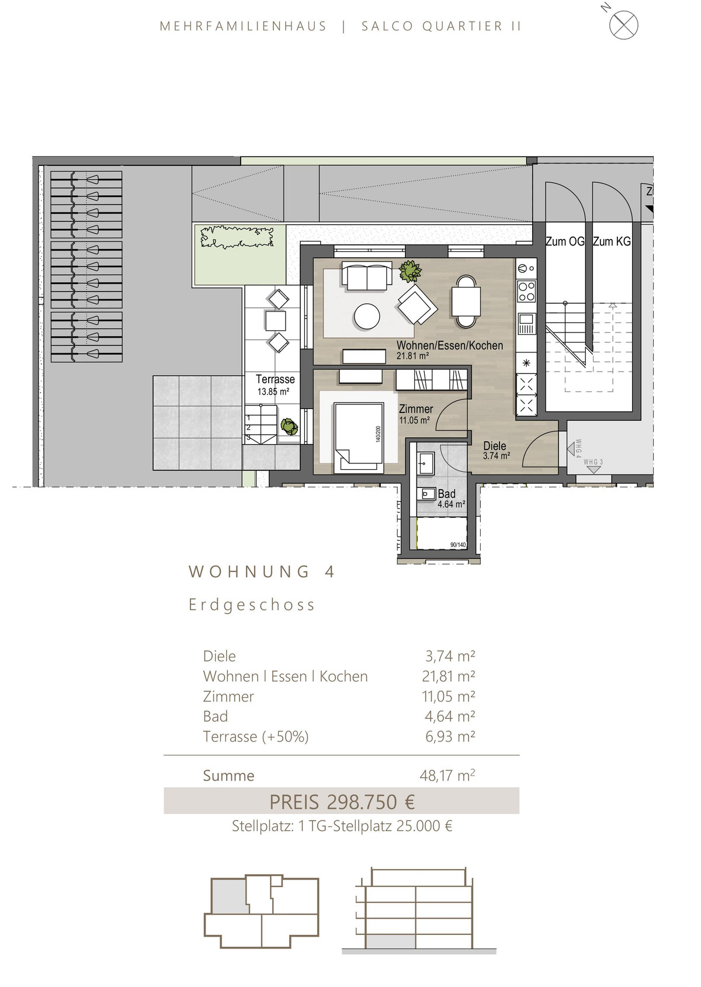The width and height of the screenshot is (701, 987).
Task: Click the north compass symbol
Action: tap(623, 25)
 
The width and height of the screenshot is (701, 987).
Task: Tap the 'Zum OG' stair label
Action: tap(565, 241)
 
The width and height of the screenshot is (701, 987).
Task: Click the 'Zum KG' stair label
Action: tap(612, 241)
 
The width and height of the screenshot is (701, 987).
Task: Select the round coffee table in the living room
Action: tap(367, 316)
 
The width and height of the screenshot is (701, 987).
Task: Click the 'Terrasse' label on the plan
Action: tap(275, 379)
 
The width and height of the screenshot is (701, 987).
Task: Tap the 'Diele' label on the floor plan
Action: tap(495, 446)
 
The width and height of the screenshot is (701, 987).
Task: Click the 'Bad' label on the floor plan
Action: tap(447, 494)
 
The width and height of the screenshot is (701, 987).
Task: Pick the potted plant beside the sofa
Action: tap(410, 271)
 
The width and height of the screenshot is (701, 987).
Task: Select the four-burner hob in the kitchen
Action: tap(527, 291)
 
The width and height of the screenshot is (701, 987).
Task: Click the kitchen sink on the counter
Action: tap(527, 324)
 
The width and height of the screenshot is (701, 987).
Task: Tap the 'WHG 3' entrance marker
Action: tap(594, 467)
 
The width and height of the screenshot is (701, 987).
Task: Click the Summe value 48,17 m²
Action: tap(447, 775)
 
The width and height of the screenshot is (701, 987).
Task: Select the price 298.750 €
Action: tap(370, 802)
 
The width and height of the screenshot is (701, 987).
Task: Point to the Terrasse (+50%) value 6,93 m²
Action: tap(450, 736)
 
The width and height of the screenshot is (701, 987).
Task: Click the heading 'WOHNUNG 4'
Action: tap(262, 572)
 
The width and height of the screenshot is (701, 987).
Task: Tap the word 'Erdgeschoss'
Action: tap(252, 605)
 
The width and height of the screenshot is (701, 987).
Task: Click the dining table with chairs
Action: tap(465, 301)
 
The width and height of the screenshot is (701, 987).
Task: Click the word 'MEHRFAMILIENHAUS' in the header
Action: tap(243, 26)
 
